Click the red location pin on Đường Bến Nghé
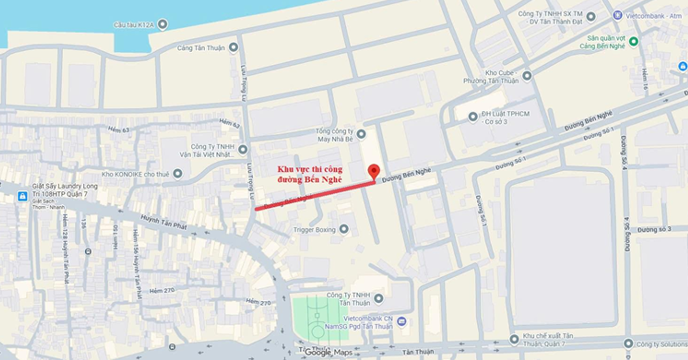point(374,170)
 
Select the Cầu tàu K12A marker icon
point(162,24)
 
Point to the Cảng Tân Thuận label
point(201,48)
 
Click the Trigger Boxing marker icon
point(344,229)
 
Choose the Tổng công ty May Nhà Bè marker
point(361,134)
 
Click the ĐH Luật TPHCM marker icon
point(473,117)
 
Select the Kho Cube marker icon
point(526,76)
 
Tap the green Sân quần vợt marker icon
point(633,42)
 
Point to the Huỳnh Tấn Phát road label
point(164,222)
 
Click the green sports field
point(320,319)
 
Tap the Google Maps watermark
point(329,352)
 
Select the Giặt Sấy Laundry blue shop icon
point(22,196)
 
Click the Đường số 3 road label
point(654,229)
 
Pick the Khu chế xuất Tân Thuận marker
point(514,339)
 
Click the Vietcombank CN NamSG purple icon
point(401,321)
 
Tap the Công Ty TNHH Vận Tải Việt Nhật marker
point(243,150)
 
